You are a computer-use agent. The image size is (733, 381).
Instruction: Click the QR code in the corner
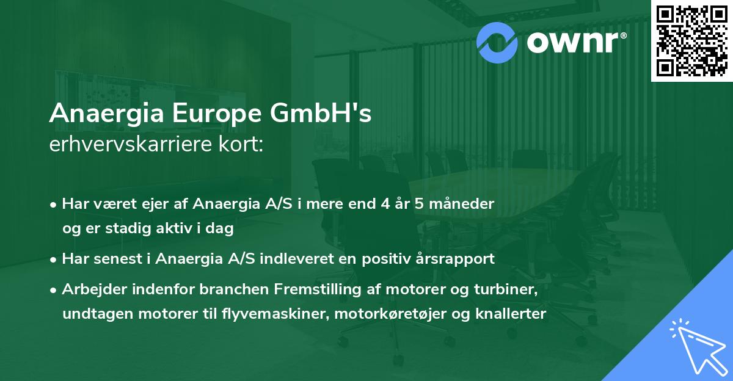point(691,40)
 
